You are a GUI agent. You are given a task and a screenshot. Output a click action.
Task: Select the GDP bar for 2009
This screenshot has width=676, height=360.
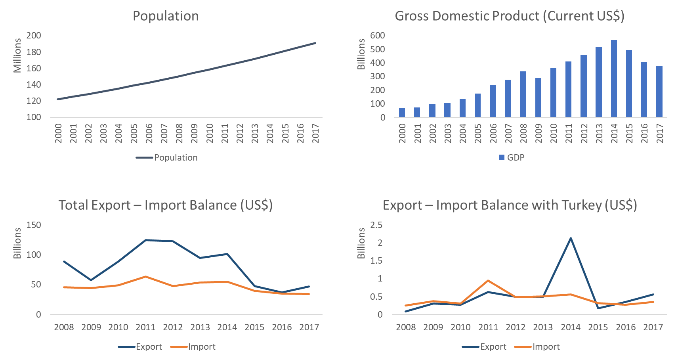pyautogui.click(x=538, y=97)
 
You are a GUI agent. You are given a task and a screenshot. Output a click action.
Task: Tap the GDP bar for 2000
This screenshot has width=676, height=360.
pyautogui.click(x=402, y=112)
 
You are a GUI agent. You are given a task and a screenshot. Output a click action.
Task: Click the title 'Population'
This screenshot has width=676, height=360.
pyautogui.click(x=165, y=16)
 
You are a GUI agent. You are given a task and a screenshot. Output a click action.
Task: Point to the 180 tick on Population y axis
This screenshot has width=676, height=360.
pyautogui.click(x=34, y=52)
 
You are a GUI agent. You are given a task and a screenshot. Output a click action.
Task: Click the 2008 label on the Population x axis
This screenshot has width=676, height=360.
pyautogui.click(x=179, y=133)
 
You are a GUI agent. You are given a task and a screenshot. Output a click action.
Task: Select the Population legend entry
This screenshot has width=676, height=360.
pyautogui.click(x=166, y=157)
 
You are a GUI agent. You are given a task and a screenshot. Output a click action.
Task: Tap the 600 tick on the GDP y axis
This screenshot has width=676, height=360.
pyautogui.click(x=377, y=35)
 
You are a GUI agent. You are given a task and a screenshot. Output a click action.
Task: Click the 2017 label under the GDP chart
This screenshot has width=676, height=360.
pyautogui.click(x=659, y=133)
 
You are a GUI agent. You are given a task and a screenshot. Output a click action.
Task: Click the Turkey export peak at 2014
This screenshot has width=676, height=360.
pyautogui.click(x=571, y=238)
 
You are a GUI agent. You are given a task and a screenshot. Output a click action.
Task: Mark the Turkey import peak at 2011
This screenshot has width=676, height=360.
pyautogui.click(x=488, y=280)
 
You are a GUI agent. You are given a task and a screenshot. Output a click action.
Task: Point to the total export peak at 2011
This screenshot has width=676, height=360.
pyautogui.click(x=145, y=240)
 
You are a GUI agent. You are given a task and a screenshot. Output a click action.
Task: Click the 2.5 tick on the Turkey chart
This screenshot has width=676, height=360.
pyautogui.click(x=376, y=225)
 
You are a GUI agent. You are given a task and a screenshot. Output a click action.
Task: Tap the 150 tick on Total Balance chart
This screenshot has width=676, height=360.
pyautogui.click(x=34, y=225)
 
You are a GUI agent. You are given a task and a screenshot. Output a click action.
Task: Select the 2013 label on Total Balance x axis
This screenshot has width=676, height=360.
pyautogui.click(x=200, y=327)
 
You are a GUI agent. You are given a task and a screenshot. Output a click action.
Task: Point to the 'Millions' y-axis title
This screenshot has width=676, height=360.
pyautogui.click(x=17, y=56)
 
